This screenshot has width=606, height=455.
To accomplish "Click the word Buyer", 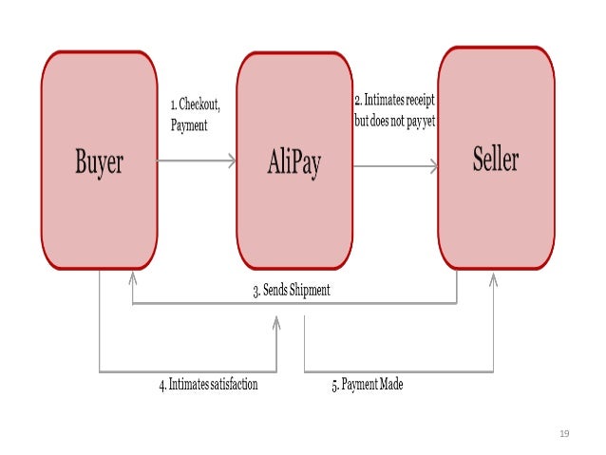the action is (99, 162).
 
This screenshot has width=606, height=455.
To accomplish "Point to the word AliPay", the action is (294, 163).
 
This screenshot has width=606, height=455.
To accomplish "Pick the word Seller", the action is (495, 159).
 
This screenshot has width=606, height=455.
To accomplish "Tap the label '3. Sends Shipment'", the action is (292, 291).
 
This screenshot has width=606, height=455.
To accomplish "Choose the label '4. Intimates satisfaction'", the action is (208, 386).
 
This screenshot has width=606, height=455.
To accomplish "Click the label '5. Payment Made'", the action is (367, 386).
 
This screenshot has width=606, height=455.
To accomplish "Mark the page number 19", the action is (563, 433).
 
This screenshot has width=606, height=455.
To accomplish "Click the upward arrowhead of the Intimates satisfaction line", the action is (276, 323).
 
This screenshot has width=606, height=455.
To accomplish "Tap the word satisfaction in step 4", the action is (231, 386).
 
